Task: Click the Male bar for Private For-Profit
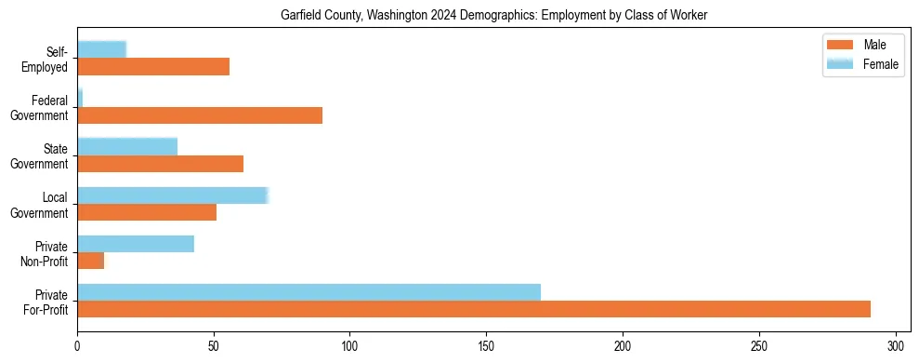pyautogui.click(x=474, y=309)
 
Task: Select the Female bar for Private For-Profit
pyautogui.click(x=309, y=292)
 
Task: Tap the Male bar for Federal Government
pyautogui.click(x=200, y=115)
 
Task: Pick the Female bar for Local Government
pyautogui.click(x=173, y=195)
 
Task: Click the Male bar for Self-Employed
pyautogui.click(x=153, y=67)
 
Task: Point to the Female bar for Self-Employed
pyautogui.click(x=101, y=50)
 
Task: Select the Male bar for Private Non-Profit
pyautogui.click(x=91, y=261)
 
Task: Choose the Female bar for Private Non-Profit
pyautogui.click(x=136, y=244)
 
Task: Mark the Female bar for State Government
pyautogui.click(x=127, y=147)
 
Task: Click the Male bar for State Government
pyautogui.click(x=160, y=164)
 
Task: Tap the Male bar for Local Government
pyautogui.click(x=147, y=212)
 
